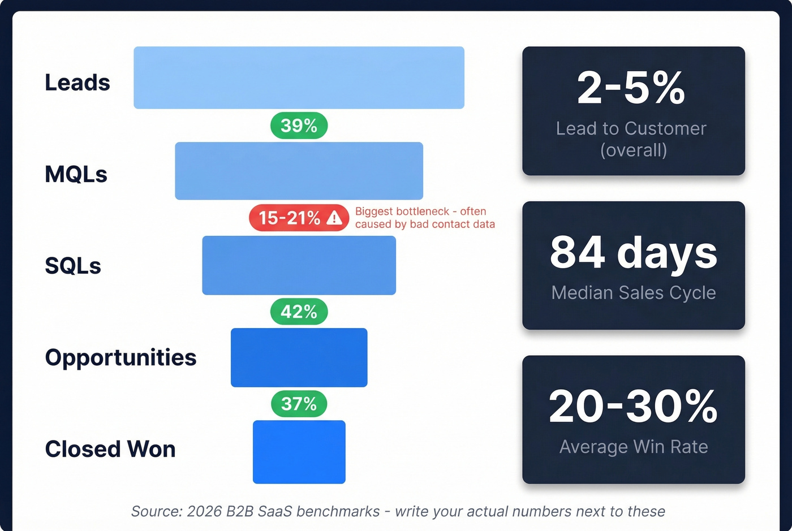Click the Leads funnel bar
299,77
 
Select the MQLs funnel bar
299,171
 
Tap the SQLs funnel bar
299,265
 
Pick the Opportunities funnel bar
299,357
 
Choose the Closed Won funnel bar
299,452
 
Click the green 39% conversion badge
299,126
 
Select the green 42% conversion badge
299,312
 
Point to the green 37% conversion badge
299,404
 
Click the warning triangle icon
334,218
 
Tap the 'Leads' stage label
78,83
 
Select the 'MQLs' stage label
76,174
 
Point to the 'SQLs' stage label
73,266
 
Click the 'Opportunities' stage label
120,357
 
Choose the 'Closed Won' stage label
110,449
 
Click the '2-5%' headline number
631,88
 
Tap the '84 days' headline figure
634,253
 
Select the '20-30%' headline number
634,407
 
